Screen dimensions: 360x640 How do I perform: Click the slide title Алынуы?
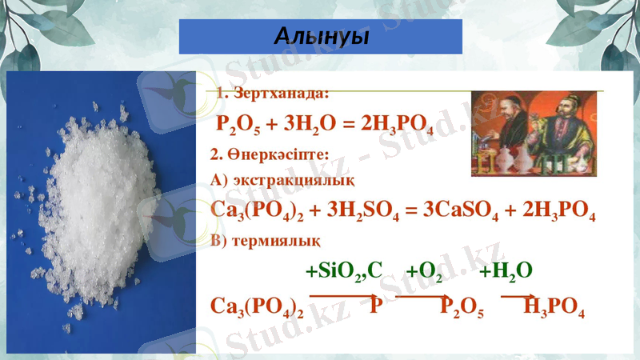(320, 37)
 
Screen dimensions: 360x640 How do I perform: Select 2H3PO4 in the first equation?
(397, 126)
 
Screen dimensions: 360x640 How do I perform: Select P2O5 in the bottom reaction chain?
(462, 307)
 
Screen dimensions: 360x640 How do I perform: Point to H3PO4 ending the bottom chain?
(554, 307)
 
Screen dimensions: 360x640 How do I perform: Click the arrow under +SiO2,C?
(340, 296)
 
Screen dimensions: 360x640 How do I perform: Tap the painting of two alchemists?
(533, 133)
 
